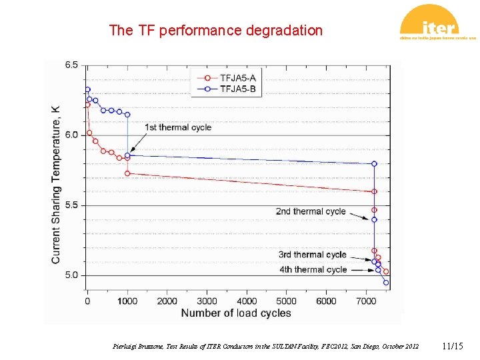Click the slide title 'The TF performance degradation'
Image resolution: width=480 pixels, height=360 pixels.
[x=215, y=31]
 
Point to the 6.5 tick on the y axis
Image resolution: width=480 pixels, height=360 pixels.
[x=71, y=65]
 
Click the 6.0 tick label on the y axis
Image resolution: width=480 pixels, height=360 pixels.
[x=71, y=135]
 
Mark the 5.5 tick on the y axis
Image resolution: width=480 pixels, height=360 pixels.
[x=71, y=205]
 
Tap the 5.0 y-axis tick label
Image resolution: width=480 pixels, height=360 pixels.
[x=71, y=275]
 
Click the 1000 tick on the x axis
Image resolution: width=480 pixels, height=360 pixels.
[x=127, y=301]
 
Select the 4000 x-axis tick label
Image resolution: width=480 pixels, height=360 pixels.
[x=247, y=301]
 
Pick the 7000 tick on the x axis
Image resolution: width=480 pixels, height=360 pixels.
[x=366, y=301]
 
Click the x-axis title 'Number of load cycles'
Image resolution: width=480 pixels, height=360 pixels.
[x=236, y=313]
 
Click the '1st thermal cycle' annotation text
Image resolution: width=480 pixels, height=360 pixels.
[x=178, y=127]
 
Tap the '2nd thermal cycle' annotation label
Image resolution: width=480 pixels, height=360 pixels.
[x=311, y=211]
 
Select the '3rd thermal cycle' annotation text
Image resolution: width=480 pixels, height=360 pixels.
[x=312, y=255]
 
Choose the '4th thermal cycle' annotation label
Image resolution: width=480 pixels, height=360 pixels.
[x=313, y=269]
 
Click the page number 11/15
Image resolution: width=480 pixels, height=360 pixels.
[x=452, y=347]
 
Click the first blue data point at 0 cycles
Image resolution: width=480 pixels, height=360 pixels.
[x=87, y=89]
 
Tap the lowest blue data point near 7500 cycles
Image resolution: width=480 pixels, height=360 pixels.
[x=386, y=283]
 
